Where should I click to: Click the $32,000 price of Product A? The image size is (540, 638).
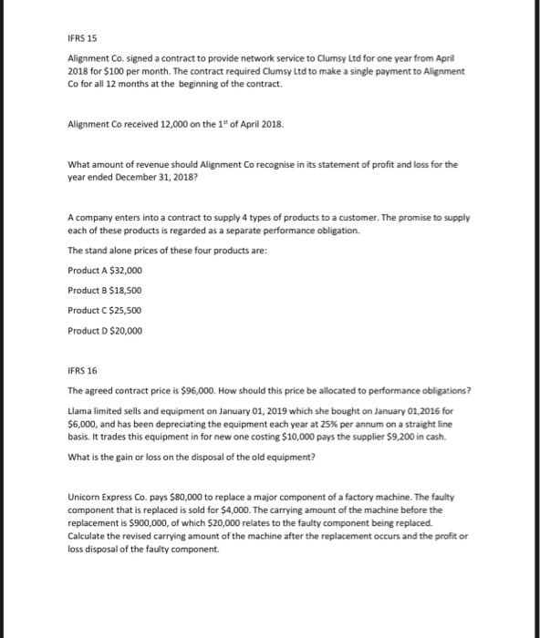pos(124,271)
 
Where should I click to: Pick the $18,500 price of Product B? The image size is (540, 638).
pos(124,291)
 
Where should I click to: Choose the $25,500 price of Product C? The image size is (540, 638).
pos(124,311)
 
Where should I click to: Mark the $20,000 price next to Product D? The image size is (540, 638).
pos(124,331)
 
